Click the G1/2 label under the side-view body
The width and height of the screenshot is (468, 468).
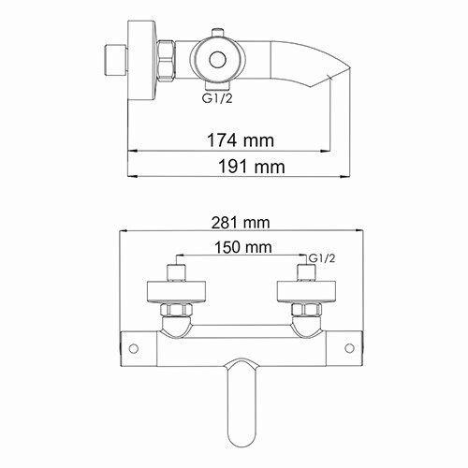click(x=217, y=95)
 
